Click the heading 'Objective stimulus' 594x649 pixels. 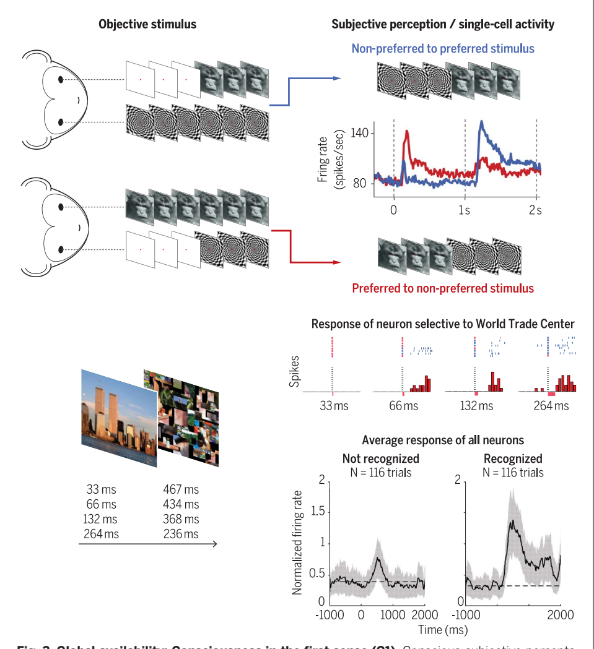coord(147,25)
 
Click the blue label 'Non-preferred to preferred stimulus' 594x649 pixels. coord(443,48)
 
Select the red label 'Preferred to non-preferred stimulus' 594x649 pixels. coord(443,288)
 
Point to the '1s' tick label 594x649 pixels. coord(465,210)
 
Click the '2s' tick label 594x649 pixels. coord(536,210)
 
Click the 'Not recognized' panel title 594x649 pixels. coord(381,459)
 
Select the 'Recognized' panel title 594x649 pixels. coord(513,459)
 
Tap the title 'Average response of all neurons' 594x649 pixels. coord(443,441)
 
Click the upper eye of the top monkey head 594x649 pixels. coord(61,79)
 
